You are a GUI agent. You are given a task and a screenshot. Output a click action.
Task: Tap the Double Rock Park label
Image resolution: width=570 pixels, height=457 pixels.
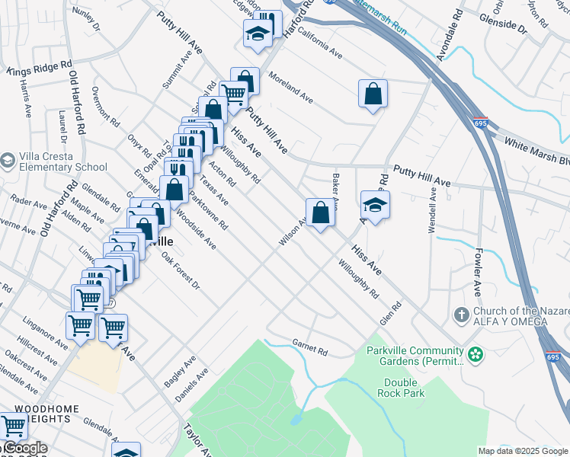(x=401, y=388)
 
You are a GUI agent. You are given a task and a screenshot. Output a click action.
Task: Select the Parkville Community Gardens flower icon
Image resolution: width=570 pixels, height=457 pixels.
(x=476, y=354)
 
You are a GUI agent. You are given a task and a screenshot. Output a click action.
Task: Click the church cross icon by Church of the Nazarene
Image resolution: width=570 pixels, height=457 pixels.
(x=460, y=315)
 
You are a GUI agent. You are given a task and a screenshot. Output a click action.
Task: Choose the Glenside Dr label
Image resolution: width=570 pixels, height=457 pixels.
(x=500, y=28)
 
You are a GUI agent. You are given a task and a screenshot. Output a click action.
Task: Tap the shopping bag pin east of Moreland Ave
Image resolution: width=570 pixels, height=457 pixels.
(x=373, y=94)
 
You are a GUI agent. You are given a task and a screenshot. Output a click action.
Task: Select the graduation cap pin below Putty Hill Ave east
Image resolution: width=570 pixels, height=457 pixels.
(x=375, y=205)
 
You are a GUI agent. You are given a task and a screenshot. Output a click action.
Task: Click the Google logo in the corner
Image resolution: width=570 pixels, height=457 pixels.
(x=24, y=449)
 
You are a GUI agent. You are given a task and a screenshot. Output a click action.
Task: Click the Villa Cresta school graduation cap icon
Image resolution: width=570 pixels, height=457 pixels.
(x=8, y=161)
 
